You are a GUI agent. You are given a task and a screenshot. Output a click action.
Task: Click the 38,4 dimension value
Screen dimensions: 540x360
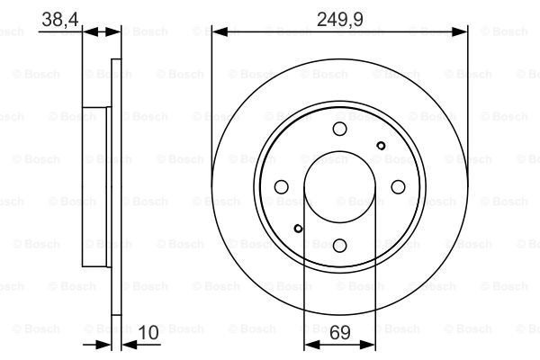point(60,20)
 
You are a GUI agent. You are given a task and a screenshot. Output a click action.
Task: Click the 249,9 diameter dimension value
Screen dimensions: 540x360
point(339,20)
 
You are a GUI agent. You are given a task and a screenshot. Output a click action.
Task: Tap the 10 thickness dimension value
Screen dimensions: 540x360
point(148,332)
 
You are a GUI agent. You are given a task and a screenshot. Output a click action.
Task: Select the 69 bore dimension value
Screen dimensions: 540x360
point(339,332)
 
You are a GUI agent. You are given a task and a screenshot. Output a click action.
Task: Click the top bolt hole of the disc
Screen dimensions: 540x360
point(339,129)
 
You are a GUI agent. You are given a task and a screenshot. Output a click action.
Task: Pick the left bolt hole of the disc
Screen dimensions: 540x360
point(282,186)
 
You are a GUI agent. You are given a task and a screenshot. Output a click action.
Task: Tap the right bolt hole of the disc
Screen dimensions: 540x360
point(398,186)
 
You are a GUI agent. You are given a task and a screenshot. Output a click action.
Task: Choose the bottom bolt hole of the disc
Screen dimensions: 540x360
point(339,246)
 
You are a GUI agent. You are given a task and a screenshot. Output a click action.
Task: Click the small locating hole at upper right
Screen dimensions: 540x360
point(381,146)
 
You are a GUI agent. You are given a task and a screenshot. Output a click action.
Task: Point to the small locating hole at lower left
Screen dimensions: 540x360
point(298,228)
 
